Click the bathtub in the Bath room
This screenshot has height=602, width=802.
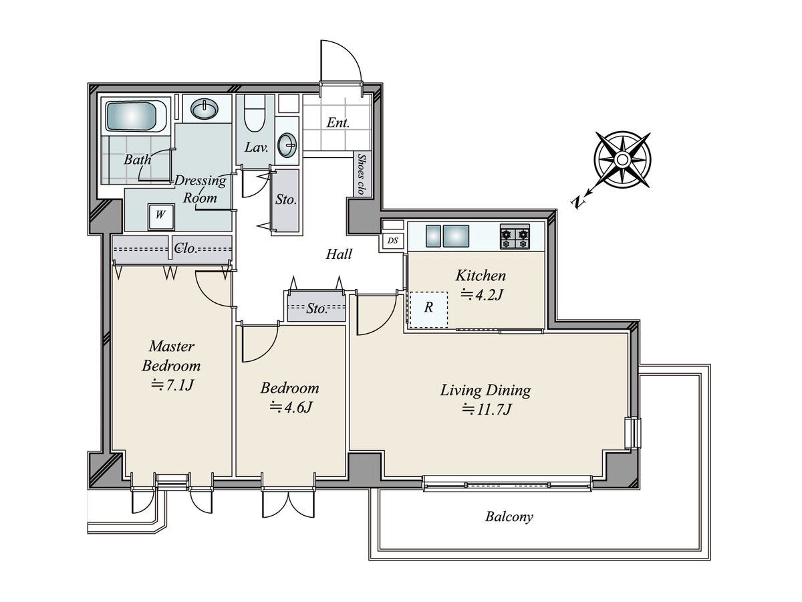coord(136,116)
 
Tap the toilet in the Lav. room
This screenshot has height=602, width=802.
coord(254,113)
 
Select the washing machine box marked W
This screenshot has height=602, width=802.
coord(161,217)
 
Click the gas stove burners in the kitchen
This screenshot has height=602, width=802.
coord(515,237)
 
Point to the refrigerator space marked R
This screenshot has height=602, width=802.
coord(428,309)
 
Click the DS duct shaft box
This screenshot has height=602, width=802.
coord(392,241)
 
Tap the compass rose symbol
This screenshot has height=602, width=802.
coord(622,160)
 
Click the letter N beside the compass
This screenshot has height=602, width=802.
coord(577,202)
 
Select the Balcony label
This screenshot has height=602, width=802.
coord(509,517)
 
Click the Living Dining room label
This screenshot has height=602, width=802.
coord(485,390)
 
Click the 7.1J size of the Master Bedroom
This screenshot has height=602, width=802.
coord(172,385)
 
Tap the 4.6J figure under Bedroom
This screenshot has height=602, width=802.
coord(291,407)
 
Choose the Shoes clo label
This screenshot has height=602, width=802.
coord(362,174)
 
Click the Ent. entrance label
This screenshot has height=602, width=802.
coord(338,123)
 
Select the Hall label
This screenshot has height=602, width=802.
coord(339,254)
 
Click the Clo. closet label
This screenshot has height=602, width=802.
coord(186,249)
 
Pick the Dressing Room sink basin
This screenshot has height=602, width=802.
coord(205,108)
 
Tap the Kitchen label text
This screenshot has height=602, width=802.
coord(481,276)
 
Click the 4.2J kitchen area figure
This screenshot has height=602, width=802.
coord(482,294)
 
